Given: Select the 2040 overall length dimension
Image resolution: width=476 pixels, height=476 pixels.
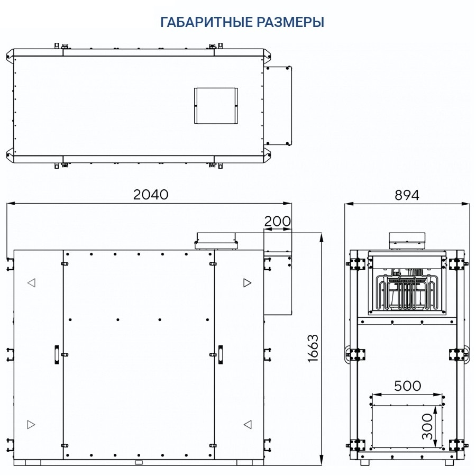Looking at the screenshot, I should coord(151,195).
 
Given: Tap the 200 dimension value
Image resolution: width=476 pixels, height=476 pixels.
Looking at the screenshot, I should coord(277,222).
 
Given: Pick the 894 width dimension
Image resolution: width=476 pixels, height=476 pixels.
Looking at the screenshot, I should coord(407,195).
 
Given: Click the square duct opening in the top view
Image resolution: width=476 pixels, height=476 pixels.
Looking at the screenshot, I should coord(215,105).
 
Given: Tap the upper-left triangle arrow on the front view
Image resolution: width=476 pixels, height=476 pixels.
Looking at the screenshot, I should coord(31,283).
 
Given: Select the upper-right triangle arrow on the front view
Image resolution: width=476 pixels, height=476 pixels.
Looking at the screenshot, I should coord(247,283).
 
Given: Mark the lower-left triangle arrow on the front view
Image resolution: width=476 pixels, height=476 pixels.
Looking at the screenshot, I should coord(31,424).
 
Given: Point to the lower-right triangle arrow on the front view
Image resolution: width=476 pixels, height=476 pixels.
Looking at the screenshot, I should coord(247,424).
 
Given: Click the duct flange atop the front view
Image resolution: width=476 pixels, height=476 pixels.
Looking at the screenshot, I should coord(218,240).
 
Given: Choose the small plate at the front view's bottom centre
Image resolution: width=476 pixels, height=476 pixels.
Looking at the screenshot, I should coord(139,462).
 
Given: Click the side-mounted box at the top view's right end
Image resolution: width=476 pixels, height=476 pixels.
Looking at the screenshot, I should coord(278,105).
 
